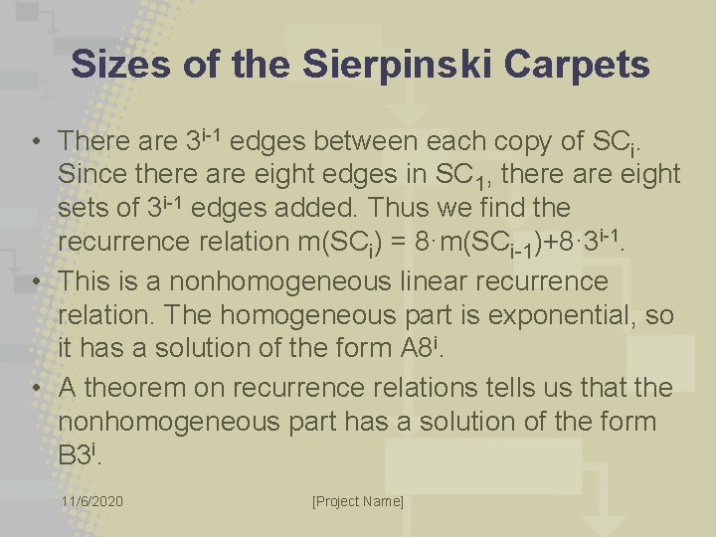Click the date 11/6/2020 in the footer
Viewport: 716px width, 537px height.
(x=91, y=501)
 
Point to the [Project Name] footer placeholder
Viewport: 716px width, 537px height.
(x=358, y=501)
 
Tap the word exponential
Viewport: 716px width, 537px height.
(x=538, y=315)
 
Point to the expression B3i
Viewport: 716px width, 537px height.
(x=81, y=455)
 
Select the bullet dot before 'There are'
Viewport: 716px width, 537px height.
(x=35, y=141)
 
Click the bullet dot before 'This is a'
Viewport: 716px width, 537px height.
(x=35, y=281)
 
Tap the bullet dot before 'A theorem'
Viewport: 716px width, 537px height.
(x=35, y=388)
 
